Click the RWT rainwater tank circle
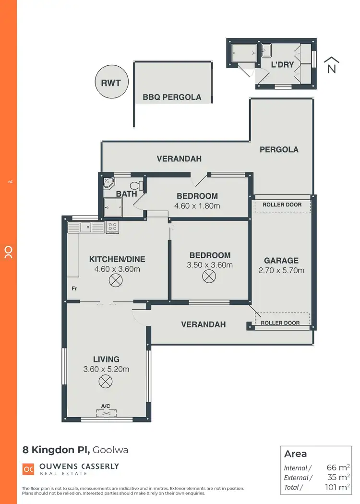click(111, 83)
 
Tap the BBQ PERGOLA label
click(172, 97)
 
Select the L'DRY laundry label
click(282, 64)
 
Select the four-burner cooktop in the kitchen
click(112, 227)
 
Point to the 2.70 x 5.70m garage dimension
click(281, 270)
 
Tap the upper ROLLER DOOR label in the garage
click(282, 205)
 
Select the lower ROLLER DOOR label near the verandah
click(280, 323)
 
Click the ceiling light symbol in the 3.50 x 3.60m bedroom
click(209, 276)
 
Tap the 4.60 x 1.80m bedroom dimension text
click(197, 206)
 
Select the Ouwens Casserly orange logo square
click(28, 468)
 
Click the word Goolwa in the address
click(110, 450)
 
